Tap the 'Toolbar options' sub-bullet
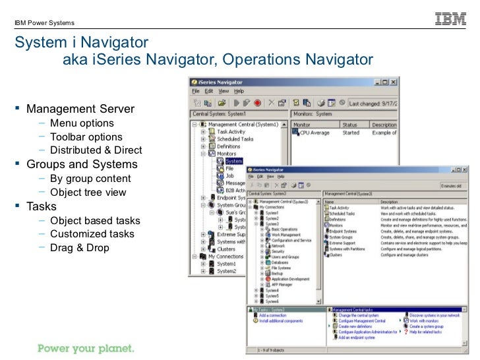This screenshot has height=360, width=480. (86, 136)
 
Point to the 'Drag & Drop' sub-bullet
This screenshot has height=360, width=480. (80, 248)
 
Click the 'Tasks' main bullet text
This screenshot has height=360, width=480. (41, 206)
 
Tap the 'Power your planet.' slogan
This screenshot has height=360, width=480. (85, 347)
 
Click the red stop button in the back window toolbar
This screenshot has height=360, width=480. (258, 103)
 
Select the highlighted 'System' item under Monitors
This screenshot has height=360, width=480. (234, 160)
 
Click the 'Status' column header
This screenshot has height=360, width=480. (349, 124)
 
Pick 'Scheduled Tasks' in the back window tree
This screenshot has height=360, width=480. (235, 139)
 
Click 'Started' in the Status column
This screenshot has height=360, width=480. (351, 133)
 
